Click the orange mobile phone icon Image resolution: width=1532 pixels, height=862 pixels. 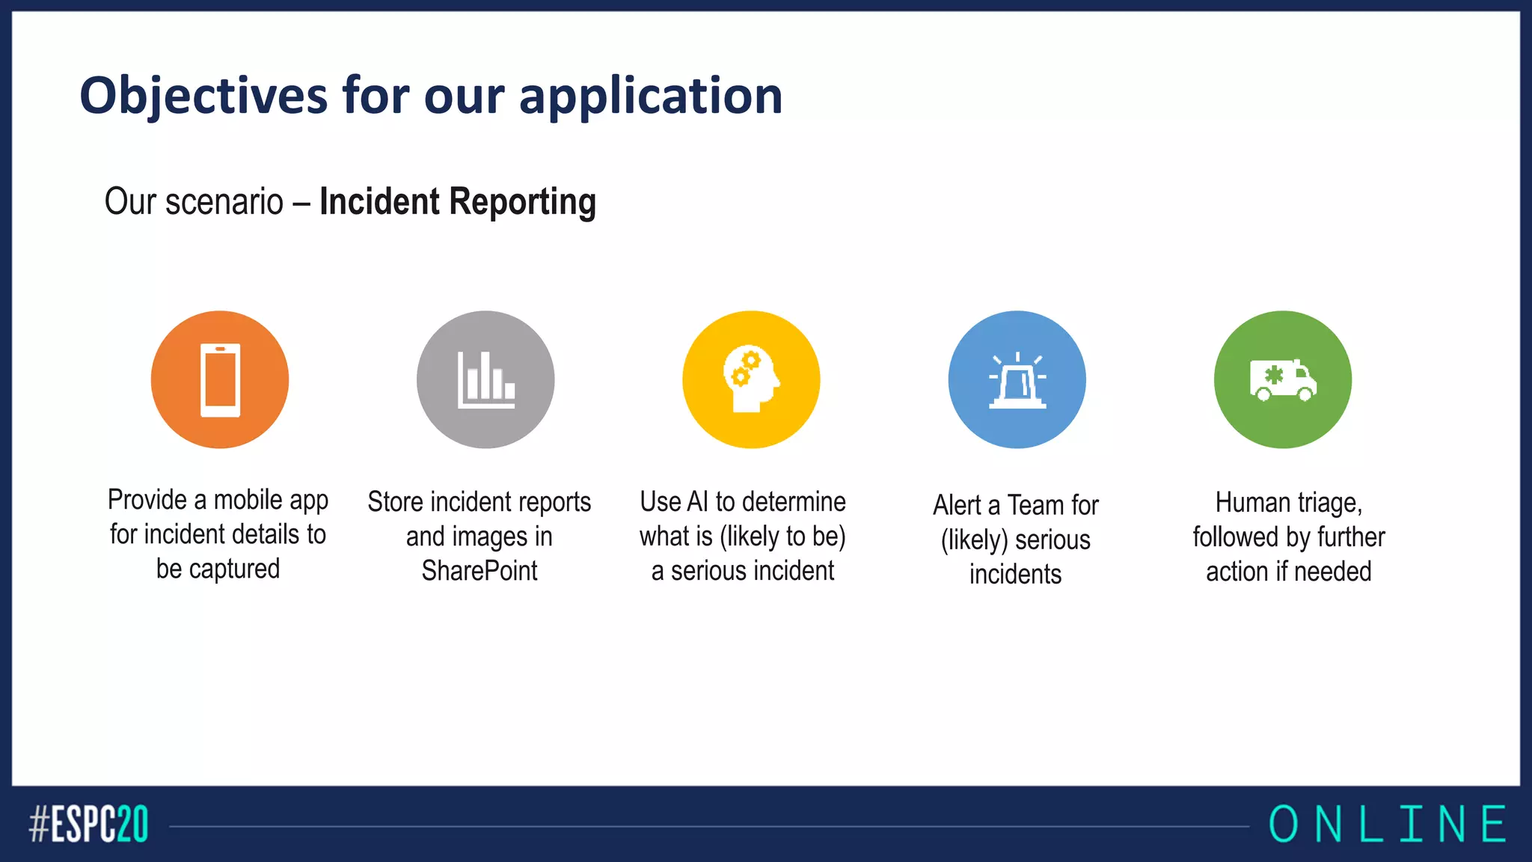220,379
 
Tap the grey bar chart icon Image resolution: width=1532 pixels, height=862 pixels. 485,379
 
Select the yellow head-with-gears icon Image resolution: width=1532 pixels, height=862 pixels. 751,379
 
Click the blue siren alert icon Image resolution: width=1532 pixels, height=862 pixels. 1017,379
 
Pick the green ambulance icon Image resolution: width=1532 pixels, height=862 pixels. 1283,379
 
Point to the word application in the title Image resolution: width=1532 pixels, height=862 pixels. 651,96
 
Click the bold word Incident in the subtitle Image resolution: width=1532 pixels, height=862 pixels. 380,202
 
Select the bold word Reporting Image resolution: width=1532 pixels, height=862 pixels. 523,202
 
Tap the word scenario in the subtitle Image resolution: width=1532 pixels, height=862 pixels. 224,202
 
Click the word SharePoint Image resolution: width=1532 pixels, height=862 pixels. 479,571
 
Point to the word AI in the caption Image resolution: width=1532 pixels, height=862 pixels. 697,502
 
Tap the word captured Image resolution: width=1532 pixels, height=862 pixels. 234,569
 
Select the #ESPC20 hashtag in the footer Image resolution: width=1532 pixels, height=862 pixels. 89,825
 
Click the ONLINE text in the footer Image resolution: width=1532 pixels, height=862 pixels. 1388,825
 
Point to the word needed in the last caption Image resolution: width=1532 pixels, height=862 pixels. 1332,572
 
